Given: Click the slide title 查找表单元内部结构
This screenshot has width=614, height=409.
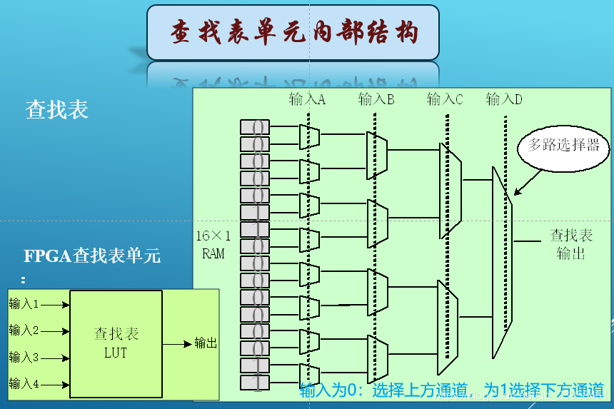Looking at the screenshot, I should pyautogui.click(x=293, y=33).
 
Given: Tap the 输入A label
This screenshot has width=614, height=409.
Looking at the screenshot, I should pyautogui.click(x=307, y=100).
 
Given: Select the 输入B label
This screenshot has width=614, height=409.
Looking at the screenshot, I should pyautogui.click(x=376, y=100).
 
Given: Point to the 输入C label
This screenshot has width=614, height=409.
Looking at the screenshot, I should pyautogui.click(x=445, y=100).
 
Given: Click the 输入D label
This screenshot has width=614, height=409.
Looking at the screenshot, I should pyautogui.click(x=504, y=100).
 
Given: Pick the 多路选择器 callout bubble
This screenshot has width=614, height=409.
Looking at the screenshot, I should pyautogui.click(x=564, y=146).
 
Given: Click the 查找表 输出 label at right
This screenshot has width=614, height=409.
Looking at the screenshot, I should pyautogui.click(x=571, y=243).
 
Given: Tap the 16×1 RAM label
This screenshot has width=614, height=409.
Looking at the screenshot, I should pyautogui.click(x=213, y=244).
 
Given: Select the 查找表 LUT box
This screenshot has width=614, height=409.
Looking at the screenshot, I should pyautogui.click(x=116, y=343).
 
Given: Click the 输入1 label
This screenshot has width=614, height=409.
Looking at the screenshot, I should pyautogui.click(x=24, y=304).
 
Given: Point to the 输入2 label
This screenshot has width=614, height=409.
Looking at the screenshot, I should pyautogui.click(x=24, y=330).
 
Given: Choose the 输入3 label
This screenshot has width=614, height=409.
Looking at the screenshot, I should pyautogui.click(x=24, y=357).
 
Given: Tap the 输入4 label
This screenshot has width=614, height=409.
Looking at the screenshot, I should pyautogui.click(x=24, y=384).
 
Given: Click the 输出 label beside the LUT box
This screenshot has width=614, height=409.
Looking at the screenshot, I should pyautogui.click(x=206, y=343).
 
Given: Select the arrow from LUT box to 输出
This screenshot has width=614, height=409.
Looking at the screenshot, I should pyautogui.click(x=177, y=343).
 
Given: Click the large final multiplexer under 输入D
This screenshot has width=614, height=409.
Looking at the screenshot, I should pyautogui.click(x=502, y=263).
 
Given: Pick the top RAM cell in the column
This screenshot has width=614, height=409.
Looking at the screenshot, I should pyautogui.click(x=255, y=127).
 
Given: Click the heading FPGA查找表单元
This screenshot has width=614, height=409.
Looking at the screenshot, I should pyautogui.click(x=92, y=256).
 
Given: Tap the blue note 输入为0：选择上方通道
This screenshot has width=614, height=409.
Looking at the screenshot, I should pyautogui.click(x=384, y=390).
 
